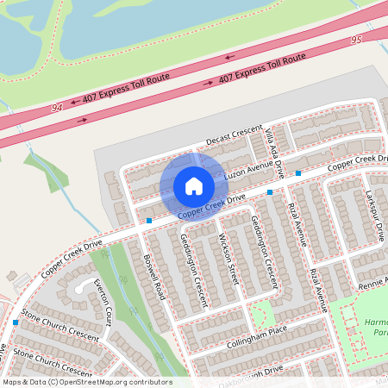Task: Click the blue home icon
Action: pos(193,186)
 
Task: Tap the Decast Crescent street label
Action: pos(235,136)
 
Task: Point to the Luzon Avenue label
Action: pos(247,172)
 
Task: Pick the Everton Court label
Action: pos(103,301)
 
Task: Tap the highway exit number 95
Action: pos(356,41)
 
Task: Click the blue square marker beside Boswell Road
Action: pos(149,221)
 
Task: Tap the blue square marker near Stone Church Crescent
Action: pos(16,322)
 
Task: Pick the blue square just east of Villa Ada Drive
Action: pos(298,173)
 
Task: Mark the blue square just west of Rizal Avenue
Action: pos(270,191)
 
